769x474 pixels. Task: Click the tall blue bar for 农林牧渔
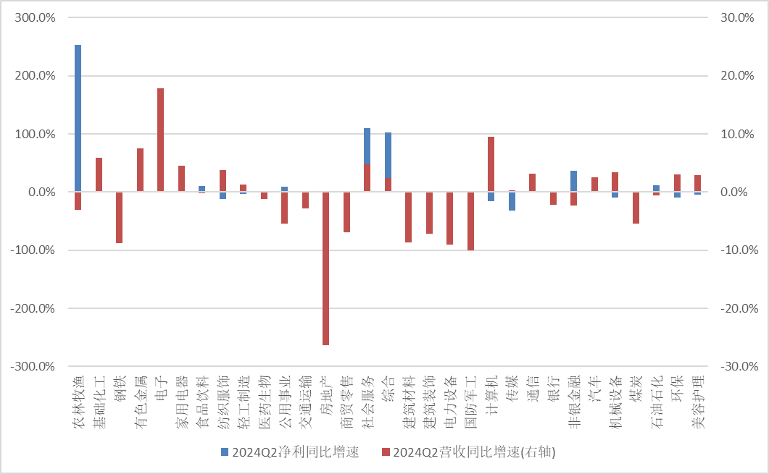(78, 116)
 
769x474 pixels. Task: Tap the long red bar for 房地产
(325, 268)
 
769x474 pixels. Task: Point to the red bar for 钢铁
(119, 217)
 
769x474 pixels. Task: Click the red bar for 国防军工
(470, 221)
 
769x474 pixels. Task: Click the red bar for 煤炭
(636, 208)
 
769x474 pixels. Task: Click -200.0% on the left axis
(33, 308)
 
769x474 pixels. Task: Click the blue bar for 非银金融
(573, 181)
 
